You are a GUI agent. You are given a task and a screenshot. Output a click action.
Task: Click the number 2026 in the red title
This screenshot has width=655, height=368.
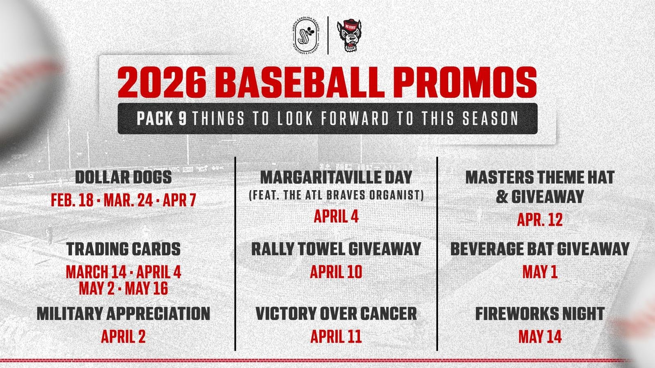pos(162,83)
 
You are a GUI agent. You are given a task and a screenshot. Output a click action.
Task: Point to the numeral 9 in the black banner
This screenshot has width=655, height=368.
pos(183,119)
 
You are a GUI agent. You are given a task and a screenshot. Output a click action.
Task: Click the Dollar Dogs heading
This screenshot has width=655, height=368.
pos(123,177)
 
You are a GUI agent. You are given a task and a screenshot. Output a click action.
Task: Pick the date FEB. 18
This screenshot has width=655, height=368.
pos(72,200)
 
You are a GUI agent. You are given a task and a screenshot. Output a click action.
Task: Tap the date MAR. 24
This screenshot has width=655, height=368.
pos(129,200)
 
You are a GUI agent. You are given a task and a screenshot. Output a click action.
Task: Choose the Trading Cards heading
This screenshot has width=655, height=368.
pos(123,249)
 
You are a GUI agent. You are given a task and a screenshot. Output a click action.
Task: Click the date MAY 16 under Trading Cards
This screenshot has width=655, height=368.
pos(147,289)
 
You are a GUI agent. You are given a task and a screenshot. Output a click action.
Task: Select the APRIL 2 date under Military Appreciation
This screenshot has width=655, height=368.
pos(123,337)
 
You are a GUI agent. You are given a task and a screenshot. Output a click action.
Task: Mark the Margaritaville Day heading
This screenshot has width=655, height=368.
pos(336,177)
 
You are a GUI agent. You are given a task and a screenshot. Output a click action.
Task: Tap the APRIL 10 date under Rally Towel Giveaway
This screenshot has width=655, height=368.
pos(336,272)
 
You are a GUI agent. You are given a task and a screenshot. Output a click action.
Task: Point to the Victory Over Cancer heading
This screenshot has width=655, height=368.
pos(336,313)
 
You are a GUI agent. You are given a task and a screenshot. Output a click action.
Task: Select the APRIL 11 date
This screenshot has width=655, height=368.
pos(336,337)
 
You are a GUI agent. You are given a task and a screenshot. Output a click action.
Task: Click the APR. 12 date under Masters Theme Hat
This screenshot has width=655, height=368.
pos(540,220)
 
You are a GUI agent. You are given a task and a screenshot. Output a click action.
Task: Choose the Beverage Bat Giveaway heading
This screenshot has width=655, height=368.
pos(540,249)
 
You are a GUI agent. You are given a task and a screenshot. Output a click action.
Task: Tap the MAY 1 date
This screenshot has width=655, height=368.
pos(540,272)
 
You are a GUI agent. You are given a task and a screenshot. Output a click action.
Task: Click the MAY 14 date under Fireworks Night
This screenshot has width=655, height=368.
pos(540,337)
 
